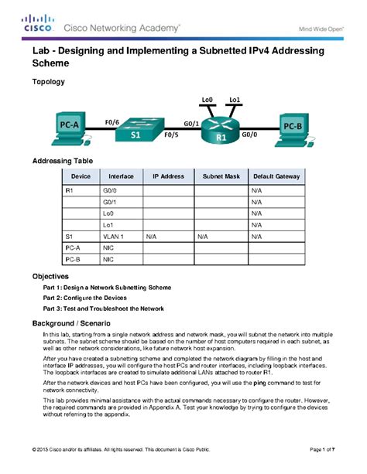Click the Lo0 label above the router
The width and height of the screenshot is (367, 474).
(x=207, y=100)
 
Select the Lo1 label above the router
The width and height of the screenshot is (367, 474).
(x=236, y=100)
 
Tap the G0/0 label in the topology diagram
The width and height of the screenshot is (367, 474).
(x=250, y=133)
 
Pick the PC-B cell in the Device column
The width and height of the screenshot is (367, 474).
(x=72, y=261)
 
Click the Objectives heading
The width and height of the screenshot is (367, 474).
(x=50, y=276)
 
